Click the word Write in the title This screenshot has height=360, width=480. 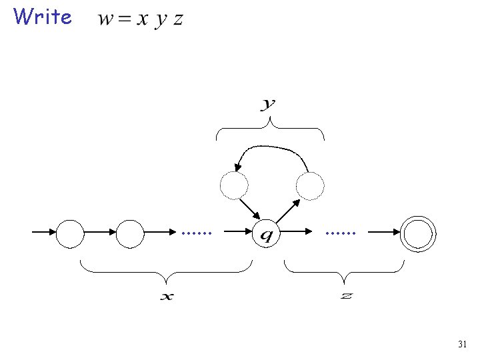(42, 17)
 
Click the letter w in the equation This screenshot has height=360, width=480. (105, 19)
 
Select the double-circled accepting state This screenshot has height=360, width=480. (419, 233)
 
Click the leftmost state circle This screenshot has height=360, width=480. (70, 233)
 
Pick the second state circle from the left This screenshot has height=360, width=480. (130, 233)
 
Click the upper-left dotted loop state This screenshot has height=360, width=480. (234, 186)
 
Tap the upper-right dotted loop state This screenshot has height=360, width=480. (310, 186)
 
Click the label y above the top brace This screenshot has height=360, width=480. (269, 104)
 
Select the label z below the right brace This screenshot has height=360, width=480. (346, 295)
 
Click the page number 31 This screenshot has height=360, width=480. (462, 345)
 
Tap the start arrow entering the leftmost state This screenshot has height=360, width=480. (44, 233)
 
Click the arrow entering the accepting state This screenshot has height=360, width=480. (385, 233)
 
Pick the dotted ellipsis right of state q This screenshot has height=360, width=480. (341, 233)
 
